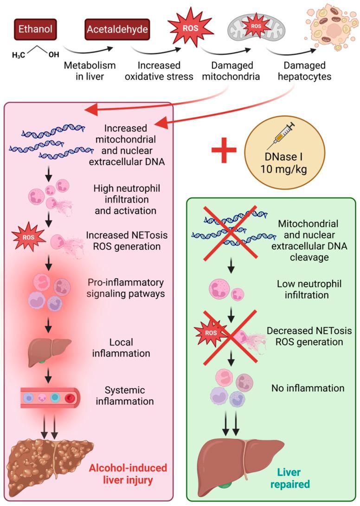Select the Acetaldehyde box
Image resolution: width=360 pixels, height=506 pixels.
(x=118, y=30)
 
